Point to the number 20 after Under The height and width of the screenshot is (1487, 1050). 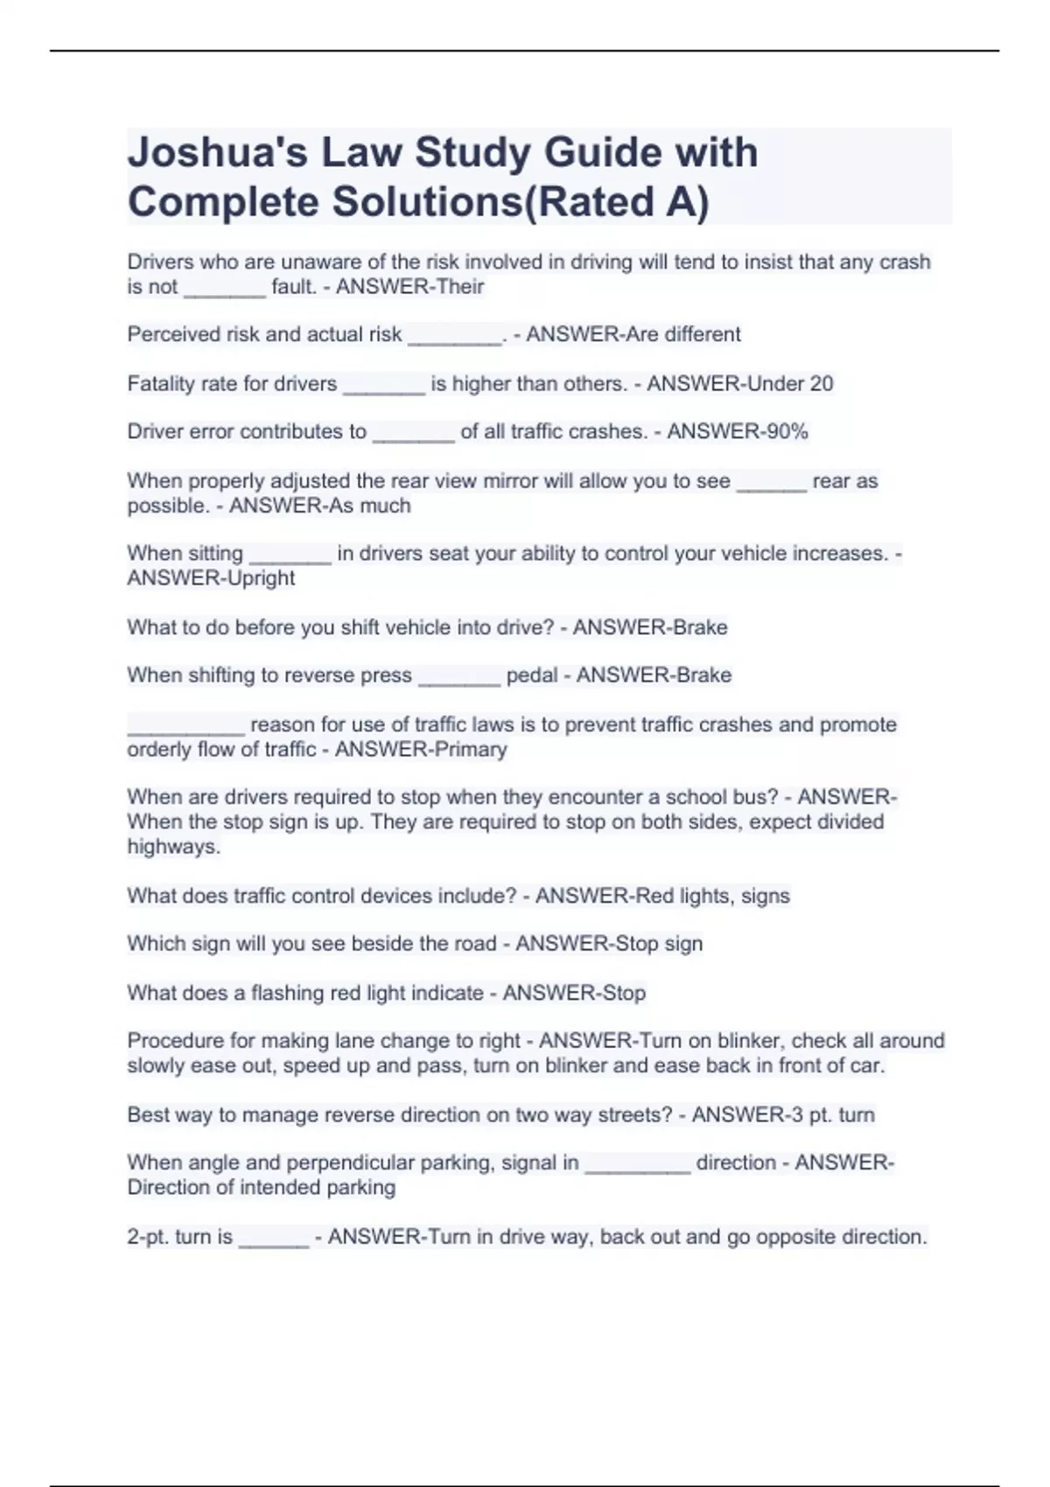[x=821, y=384]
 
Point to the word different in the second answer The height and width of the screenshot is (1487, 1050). [x=702, y=334]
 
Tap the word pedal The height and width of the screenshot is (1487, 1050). [x=532, y=675]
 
